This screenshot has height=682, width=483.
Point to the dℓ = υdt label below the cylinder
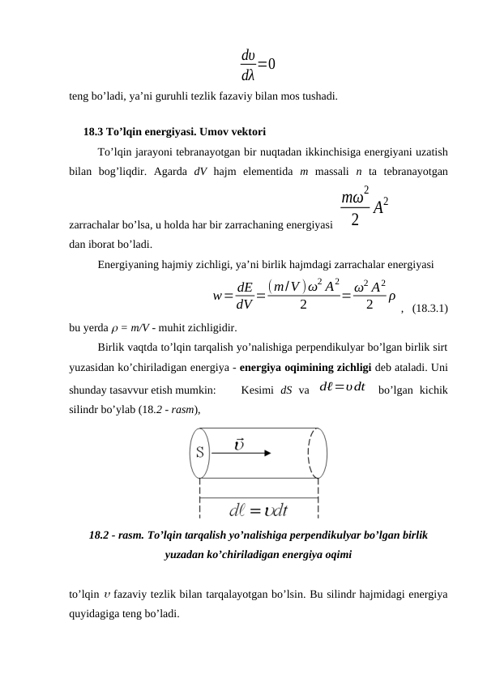click(259, 509)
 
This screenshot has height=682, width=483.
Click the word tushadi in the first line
click(318, 96)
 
